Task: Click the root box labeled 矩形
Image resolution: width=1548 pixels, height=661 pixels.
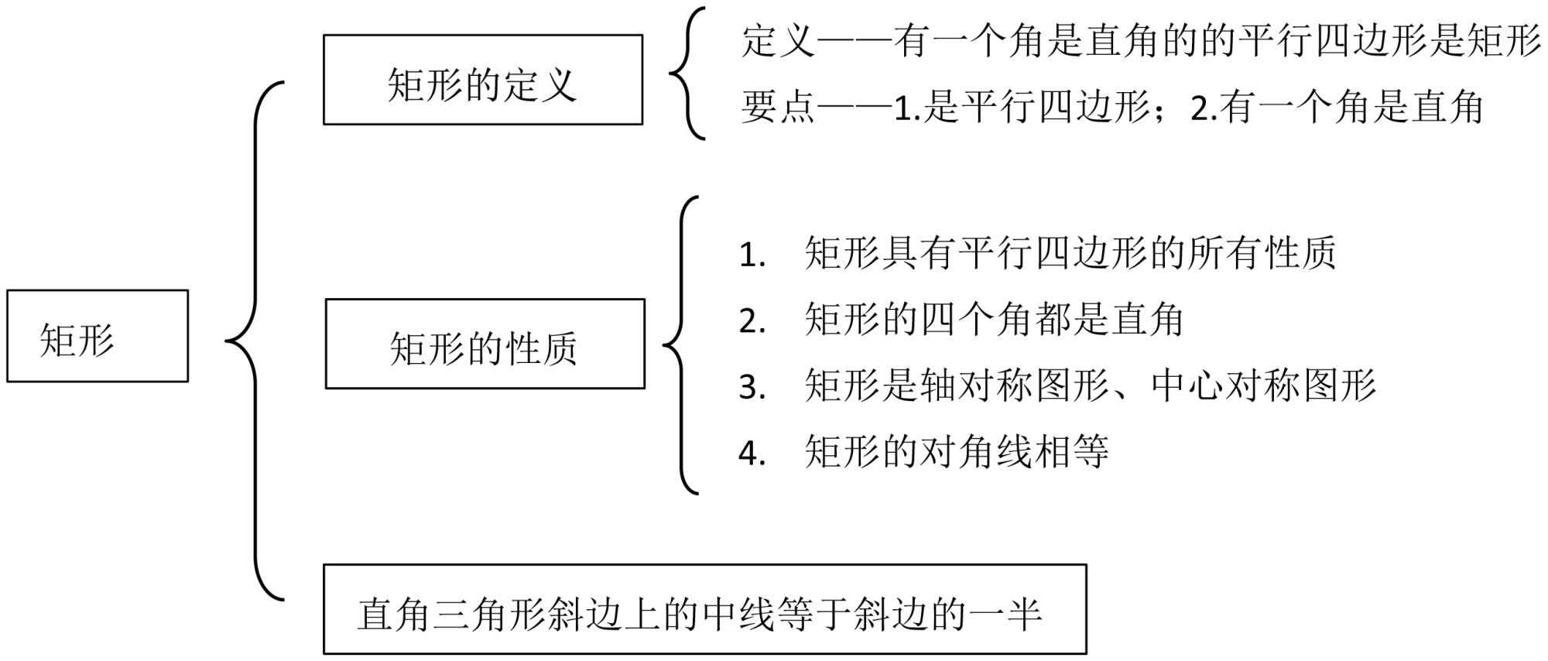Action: coord(98,336)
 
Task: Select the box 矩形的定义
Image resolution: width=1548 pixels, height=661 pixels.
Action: coord(483,80)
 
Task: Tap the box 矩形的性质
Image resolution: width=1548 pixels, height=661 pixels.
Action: coord(485,344)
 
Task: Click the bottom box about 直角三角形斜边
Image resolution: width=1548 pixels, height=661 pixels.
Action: coord(704,609)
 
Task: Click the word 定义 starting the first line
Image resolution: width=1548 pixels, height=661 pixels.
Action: coord(778,40)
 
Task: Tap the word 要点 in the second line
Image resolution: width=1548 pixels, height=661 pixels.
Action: coord(778,107)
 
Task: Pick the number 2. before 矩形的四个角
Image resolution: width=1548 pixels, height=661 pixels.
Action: coord(752,321)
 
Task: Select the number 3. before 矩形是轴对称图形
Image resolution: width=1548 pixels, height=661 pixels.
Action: coord(752,387)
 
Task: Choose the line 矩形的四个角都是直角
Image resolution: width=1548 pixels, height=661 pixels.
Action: coord(994,320)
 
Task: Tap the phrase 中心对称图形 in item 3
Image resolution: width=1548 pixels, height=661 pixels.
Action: coord(1263,385)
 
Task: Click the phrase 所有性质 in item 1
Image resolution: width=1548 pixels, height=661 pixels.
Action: coord(1262,253)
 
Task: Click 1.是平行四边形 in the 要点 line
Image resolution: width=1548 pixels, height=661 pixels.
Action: coord(1022,107)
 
